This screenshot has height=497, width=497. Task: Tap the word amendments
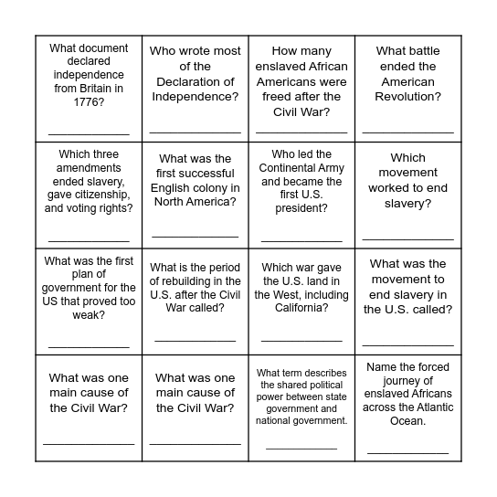tap(89, 168)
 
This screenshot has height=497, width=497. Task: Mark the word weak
tap(89, 315)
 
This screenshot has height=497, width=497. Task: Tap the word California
tap(301, 308)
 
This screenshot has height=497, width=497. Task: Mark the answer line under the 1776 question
tap(89, 134)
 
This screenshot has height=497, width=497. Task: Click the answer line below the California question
tap(301, 341)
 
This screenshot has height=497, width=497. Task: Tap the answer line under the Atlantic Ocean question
tap(407, 451)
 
